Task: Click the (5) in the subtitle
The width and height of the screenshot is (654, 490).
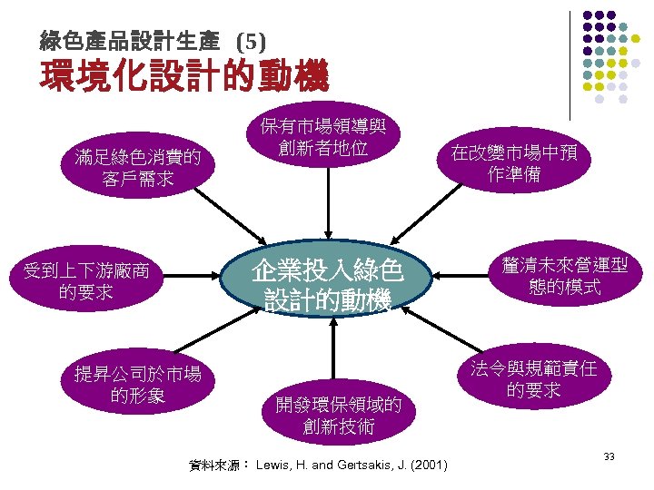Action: pos(251,41)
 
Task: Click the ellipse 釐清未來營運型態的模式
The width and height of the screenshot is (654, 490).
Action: pos(564,277)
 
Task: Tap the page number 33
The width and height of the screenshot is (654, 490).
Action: pos(609,456)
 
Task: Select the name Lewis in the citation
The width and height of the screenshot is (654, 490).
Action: pos(273,465)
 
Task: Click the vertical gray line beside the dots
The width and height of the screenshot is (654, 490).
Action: pos(570,64)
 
